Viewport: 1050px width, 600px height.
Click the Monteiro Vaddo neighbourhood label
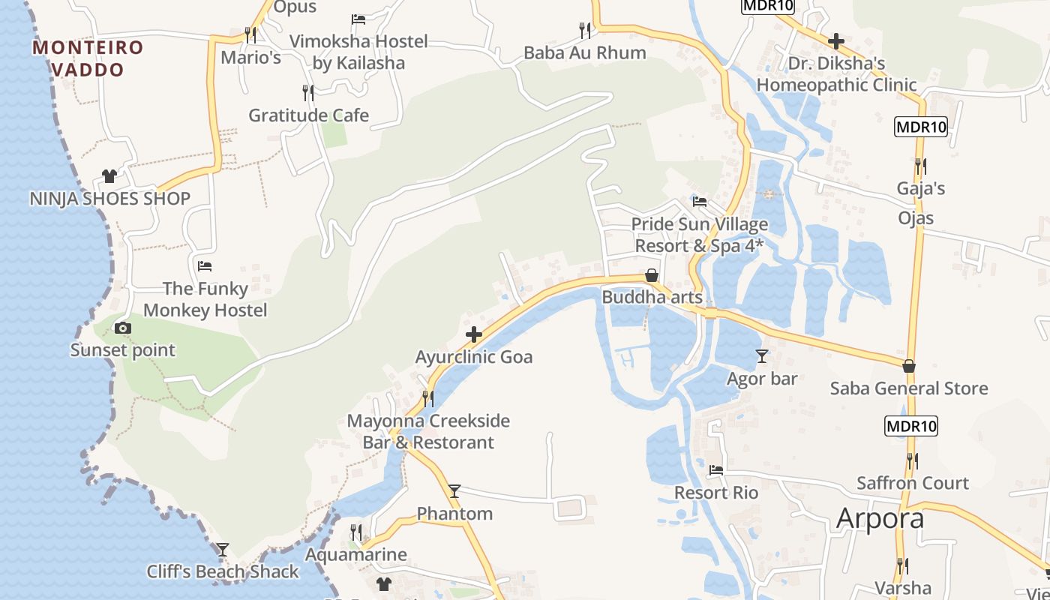[88, 58]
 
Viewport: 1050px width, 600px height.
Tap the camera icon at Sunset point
[123, 328]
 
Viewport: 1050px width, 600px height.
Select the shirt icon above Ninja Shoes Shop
[109, 176]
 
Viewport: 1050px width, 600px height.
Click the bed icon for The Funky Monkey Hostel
[205, 266]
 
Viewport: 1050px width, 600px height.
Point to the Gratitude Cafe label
[308, 115]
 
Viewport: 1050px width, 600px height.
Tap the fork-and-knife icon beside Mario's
[250, 34]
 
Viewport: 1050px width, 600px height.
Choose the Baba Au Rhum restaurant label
[585, 52]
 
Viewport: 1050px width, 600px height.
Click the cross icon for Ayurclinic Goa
[473, 334]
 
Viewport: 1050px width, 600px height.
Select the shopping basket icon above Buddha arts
[652, 275]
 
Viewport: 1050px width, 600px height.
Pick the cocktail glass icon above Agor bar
[762, 356]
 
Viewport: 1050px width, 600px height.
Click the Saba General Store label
[909, 388]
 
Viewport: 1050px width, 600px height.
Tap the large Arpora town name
[880, 518]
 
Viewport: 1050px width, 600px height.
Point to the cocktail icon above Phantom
[454, 491]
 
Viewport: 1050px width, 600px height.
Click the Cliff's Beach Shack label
[223, 571]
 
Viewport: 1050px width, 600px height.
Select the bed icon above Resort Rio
[716, 470]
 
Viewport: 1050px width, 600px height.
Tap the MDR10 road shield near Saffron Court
[911, 427]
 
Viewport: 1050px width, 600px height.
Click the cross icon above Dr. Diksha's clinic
[836, 41]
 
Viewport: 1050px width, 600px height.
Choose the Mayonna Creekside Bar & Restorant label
[428, 431]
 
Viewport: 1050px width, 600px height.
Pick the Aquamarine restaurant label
[355, 555]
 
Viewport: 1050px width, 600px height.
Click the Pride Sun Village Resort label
[699, 235]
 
